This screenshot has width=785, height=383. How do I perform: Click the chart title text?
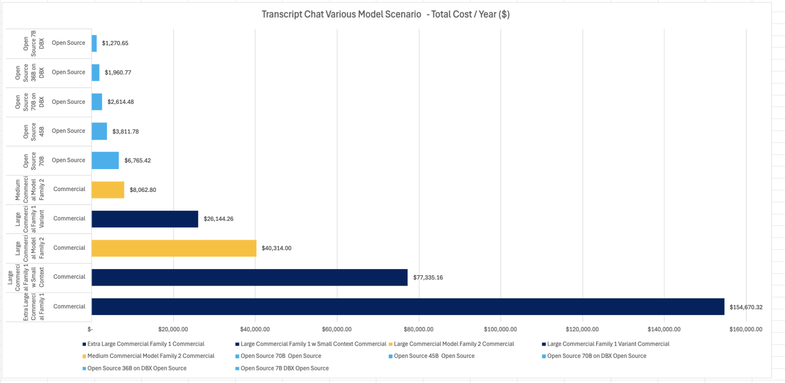pyautogui.click(x=385, y=15)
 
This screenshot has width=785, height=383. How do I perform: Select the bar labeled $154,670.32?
pyautogui.click(x=408, y=307)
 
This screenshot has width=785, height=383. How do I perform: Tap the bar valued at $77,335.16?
pyautogui.click(x=249, y=277)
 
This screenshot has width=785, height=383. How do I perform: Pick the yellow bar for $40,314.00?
pyautogui.click(x=174, y=248)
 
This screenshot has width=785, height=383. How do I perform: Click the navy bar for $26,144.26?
pyautogui.click(x=145, y=219)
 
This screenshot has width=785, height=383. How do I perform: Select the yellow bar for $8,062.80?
pyautogui.click(x=108, y=190)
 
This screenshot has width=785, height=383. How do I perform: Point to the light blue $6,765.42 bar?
pyautogui.click(x=105, y=160)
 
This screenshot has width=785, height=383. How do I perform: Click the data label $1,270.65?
pyautogui.click(x=115, y=43)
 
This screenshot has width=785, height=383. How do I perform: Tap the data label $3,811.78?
pyautogui.click(x=125, y=131)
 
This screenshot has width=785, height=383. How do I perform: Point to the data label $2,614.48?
pyautogui.click(x=121, y=102)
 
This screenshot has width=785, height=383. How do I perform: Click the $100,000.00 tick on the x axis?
pyautogui.click(x=500, y=329)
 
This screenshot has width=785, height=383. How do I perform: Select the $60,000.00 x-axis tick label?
pyautogui.click(x=337, y=329)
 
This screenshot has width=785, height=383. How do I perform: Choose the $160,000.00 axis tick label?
pyautogui.click(x=745, y=329)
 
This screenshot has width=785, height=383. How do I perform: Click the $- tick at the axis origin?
pyautogui.click(x=90, y=329)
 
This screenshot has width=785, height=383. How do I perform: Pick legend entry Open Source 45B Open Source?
pyautogui.click(x=434, y=356)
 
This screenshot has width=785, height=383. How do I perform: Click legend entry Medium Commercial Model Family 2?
pyautogui.click(x=151, y=356)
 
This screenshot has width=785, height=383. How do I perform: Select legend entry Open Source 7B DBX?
pyautogui.click(x=284, y=368)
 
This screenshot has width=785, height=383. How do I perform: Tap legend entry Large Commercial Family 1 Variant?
pyautogui.click(x=608, y=344)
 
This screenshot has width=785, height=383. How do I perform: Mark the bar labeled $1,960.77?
pyautogui.click(x=95, y=73)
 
